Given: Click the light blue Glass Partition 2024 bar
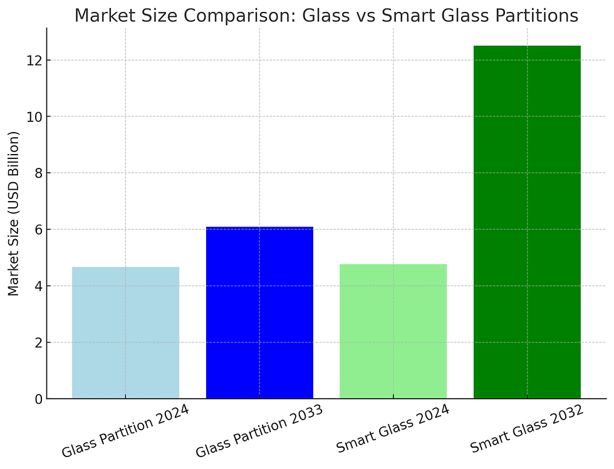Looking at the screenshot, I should tap(125, 332).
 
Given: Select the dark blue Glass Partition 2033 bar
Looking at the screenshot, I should tap(259, 312).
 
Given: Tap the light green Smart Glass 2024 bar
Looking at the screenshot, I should tap(393, 331).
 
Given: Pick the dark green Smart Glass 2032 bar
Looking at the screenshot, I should tap(527, 222).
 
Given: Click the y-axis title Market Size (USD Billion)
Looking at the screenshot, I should tap(13, 214).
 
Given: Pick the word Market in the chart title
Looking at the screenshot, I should tap(102, 16).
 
